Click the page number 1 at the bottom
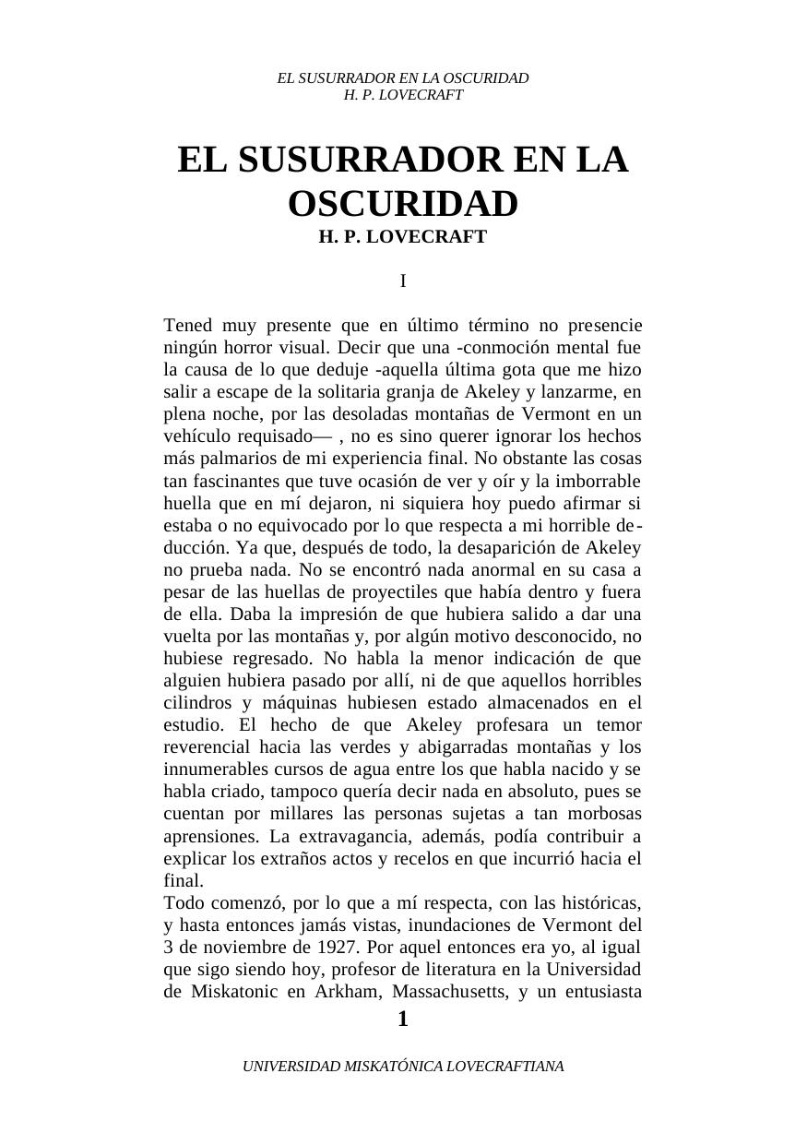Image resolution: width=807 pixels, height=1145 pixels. click(x=402, y=1020)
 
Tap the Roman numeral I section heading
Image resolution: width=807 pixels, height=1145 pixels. click(x=403, y=281)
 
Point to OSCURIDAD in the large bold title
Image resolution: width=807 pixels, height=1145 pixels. click(x=403, y=204)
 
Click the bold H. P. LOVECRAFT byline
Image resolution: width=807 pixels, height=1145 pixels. click(x=403, y=237)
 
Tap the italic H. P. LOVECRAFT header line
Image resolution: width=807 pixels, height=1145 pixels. click(x=403, y=95)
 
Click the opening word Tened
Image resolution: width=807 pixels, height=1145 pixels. click(x=188, y=326)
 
